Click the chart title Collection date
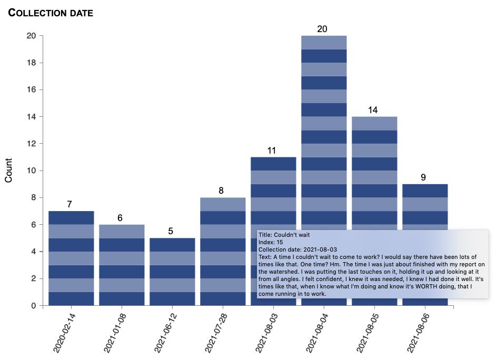51,13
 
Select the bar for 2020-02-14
71,258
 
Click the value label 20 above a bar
322,29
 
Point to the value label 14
373,110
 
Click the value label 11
272,151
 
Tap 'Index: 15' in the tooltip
271,242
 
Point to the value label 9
423,177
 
